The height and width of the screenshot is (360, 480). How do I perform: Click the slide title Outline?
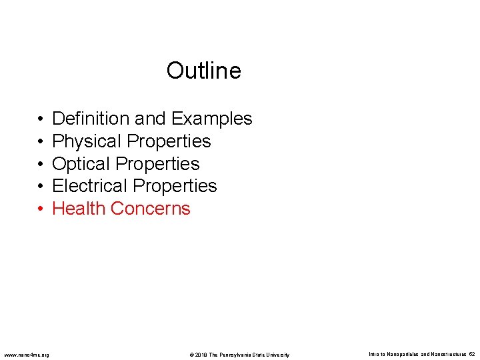pos(203,70)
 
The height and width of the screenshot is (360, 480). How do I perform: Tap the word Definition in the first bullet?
pos(91,119)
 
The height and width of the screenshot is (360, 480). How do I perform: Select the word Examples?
pos(211,119)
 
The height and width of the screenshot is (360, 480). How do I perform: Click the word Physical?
pos(87,141)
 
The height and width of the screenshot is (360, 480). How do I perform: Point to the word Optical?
pos(81,164)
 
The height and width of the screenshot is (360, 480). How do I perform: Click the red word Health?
pos(79,209)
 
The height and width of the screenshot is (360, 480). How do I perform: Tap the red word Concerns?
pos(151,209)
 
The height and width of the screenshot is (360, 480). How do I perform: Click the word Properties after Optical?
pos(157,164)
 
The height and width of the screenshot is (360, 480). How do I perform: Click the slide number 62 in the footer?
pos(471,354)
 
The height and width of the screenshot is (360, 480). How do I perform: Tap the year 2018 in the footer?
pos(201,355)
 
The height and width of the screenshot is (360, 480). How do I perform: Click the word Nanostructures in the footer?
pos(447,354)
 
